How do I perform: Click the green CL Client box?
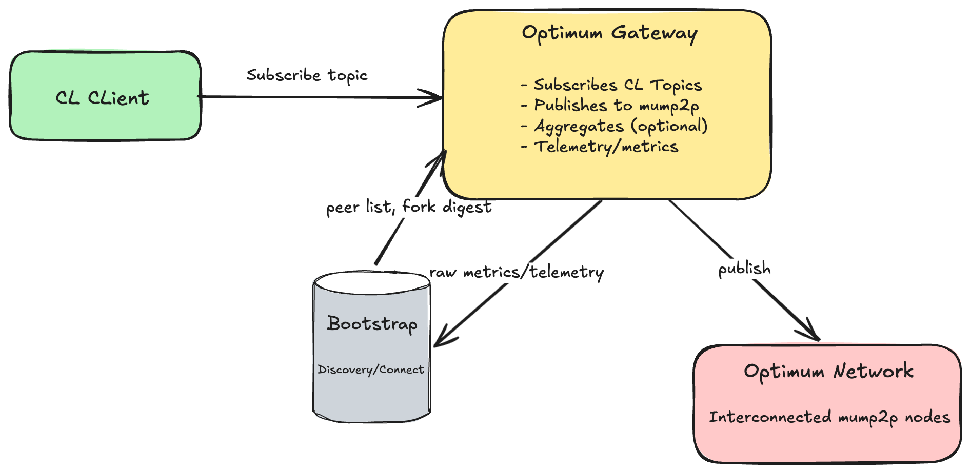click(x=105, y=96)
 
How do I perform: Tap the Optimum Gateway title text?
click(x=609, y=33)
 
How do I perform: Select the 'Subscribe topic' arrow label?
click(x=307, y=75)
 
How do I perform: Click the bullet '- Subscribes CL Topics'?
click(x=611, y=85)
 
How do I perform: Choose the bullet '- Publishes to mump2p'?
click(x=610, y=106)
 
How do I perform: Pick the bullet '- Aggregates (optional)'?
click(x=614, y=126)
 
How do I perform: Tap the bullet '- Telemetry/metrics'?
click(x=600, y=147)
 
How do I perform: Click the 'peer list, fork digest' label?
click(x=409, y=207)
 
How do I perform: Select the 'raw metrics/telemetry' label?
click(x=516, y=272)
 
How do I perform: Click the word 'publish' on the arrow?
click(x=744, y=269)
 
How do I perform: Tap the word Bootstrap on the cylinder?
click(x=372, y=324)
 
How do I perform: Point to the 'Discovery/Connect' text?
click(x=371, y=369)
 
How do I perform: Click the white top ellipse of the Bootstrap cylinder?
click(x=371, y=282)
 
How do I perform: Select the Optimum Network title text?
click(x=828, y=371)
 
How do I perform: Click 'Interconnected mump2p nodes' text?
click(x=829, y=417)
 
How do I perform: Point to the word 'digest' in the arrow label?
click(x=467, y=207)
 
